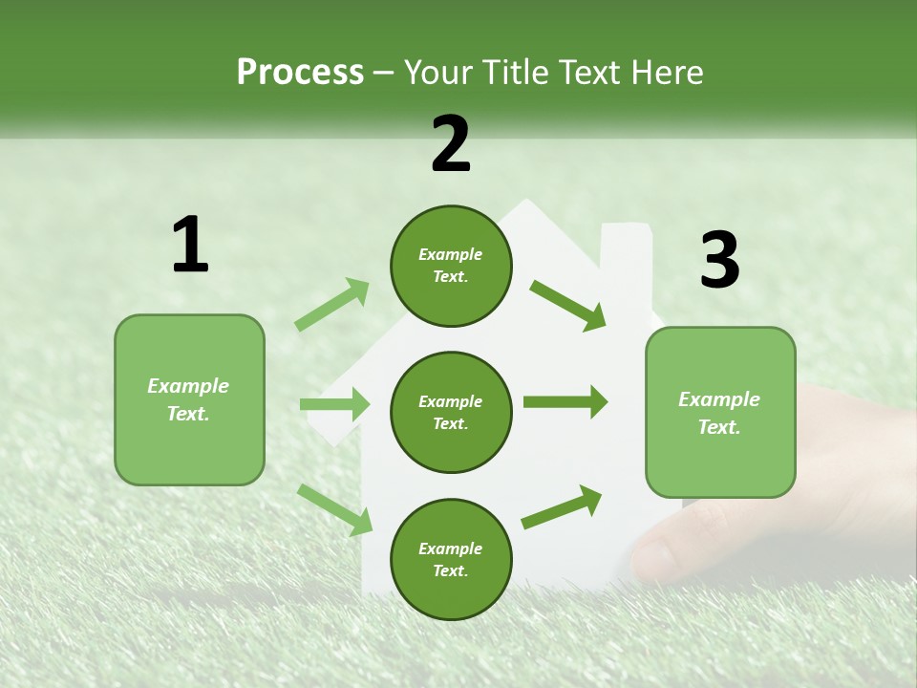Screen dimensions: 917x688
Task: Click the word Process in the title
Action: pyautogui.click(x=300, y=73)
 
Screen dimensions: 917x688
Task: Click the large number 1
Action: pyautogui.click(x=191, y=244)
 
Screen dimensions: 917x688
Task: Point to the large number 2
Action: pyautogui.click(x=450, y=144)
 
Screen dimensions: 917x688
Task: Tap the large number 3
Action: pyautogui.click(x=720, y=259)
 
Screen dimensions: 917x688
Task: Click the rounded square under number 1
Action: pyautogui.click(x=189, y=400)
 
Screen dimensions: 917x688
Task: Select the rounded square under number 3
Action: pyautogui.click(x=720, y=413)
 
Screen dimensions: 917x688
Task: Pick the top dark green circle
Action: pyautogui.click(x=451, y=267)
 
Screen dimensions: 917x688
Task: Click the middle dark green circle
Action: pyautogui.click(x=451, y=413)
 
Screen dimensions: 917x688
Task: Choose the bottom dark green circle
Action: pyautogui.click(x=451, y=559)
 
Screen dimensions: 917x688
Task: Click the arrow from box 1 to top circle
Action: pyautogui.click(x=331, y=304)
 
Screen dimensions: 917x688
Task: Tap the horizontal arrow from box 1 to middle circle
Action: pyautogui.click(x=334, y=403)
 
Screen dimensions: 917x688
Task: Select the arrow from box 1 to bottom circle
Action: pyautogui.click(x=334, y=510)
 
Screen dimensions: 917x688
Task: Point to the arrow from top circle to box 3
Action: pyautogui.click(x=567, y=306)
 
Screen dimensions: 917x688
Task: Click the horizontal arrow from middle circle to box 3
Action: pyautogui.click(x=565, y=402)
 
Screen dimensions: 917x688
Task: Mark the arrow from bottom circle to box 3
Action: pyautogui.click(x=562, y=507)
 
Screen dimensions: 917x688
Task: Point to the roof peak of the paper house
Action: pyautogui.click(x=526, y=202)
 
